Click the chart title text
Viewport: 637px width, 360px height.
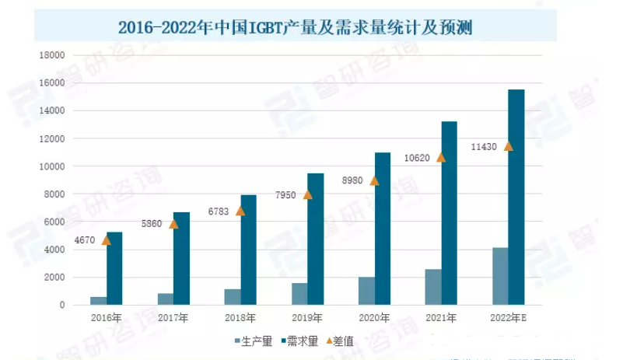296,28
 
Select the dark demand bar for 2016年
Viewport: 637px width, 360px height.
114,268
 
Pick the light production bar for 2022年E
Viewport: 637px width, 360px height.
500,276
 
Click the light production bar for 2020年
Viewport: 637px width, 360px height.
366,291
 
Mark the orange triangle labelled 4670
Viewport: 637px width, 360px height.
106,240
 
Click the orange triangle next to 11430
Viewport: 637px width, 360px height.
509,146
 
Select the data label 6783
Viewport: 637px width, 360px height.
219,211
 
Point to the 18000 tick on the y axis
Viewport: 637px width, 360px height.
51,55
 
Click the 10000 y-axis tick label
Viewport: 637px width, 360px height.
51,166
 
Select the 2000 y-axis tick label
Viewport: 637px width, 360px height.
54,278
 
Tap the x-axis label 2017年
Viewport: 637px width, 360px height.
173,317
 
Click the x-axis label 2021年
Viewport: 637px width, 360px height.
440,317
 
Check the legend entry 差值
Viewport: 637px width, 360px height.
340,341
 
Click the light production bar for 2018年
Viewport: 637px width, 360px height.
233,297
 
